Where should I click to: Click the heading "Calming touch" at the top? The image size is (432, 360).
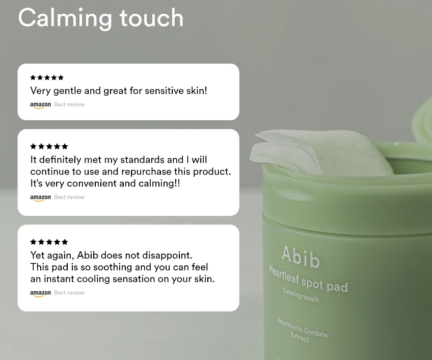point(100,18)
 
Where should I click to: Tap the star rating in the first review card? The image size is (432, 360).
point(47,78)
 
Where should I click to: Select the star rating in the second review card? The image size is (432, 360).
point(49,147)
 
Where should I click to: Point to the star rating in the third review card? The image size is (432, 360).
point(49,242)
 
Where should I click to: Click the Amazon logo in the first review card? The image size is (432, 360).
point(40,105)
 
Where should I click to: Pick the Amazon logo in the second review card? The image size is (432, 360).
point(40,198)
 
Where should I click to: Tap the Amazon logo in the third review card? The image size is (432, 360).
point(40,293)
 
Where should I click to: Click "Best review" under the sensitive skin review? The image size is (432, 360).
point(69,104)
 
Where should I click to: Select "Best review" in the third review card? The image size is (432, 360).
point(69,293)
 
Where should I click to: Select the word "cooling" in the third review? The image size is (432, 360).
point(138,279)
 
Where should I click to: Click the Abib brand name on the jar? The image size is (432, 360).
point(301,257)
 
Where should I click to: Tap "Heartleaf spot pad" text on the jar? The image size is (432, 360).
point(308,278)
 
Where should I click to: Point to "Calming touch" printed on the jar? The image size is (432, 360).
point(301,295)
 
